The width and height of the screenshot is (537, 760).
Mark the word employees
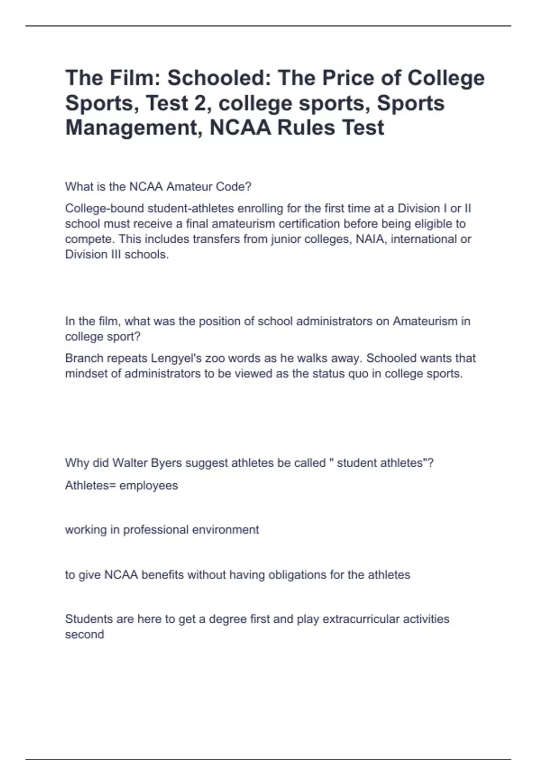click(149, 486)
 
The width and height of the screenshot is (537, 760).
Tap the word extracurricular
click(361, 619)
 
